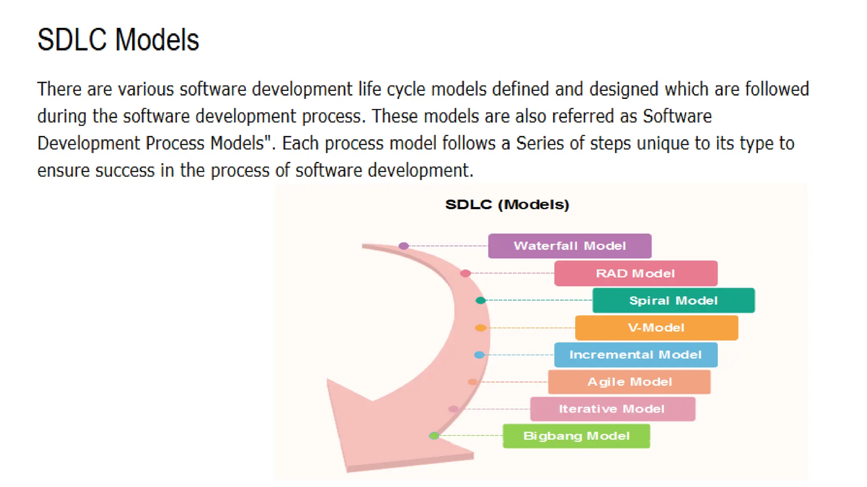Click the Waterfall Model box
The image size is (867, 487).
569,246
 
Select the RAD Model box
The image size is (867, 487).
635,273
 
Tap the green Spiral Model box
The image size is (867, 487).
673,300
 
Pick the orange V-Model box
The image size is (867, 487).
656,328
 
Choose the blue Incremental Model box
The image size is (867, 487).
635,355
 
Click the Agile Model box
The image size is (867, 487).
629,382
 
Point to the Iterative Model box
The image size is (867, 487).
612,409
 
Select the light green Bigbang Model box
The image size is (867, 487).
576,436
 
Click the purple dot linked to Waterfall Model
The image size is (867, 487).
403,246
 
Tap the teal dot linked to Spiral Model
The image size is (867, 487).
480,300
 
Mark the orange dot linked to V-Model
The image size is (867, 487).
480,328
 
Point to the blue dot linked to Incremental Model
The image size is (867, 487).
479,355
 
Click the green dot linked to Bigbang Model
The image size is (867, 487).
434,435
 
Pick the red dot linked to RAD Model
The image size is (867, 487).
465,273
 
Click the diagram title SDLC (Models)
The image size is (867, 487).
507,205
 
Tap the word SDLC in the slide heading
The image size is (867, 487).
72,40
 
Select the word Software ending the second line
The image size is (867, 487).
677,116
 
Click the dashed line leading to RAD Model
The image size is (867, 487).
512,273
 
